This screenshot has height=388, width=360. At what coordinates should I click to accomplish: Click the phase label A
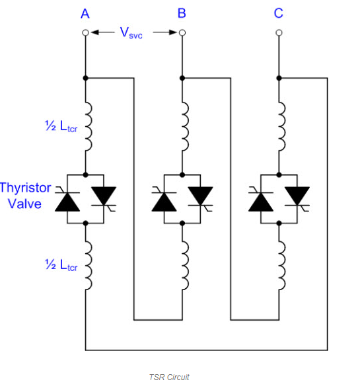pyautogui.click(x=85, y=14)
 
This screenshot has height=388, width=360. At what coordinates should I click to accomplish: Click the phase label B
pyautogui.click(x=182, y=13)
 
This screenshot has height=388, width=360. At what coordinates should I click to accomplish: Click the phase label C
pyautogui.click(x=278, y=13)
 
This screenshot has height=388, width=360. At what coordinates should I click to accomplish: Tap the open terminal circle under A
pyautogui.click(x=86, y=32)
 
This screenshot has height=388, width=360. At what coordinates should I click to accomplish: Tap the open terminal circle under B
pyautogui.click(x=182, y=32)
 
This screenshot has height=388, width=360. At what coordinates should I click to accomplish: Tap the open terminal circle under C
pyautogui.click(x=279, y=32)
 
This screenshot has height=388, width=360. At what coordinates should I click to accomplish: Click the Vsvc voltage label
pyautogui.click(x=131, y=33)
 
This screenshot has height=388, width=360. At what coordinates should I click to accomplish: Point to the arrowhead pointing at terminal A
pyautogui.click(x=94, y=32)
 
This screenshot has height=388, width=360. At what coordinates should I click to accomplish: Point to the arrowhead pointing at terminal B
pyautogui.click(x=173, y=32)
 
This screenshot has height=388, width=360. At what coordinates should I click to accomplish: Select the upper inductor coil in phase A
pyautogui.click(x=89, y=126)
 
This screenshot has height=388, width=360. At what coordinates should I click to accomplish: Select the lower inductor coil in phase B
pyautogui.click(x=186, y=265)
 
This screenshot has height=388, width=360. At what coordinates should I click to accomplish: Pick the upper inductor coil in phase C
pyautogui.click(x=282, y=126)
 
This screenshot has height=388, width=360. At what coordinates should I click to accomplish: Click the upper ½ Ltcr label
pyautogui.click(x=61, y=126)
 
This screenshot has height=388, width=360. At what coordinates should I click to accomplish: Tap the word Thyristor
pyautogui.click(x=26, y=188)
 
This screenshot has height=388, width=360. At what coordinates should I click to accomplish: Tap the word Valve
pyautogui.click(x=24, y=204)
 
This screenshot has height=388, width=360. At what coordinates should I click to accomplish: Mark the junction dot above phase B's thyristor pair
pyautogui.click(x=182, y=175)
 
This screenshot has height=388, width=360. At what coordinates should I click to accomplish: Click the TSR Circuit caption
pyautogui.click(x=169, y=377)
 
